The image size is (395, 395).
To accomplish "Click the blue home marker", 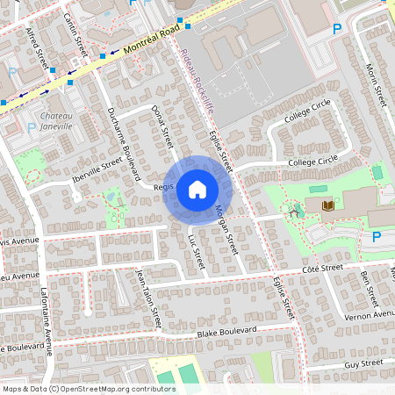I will (197, 189).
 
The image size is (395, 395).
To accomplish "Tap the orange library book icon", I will (327, 205).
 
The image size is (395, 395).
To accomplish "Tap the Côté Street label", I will (320, 267).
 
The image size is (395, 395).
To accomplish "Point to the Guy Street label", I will (364, 363).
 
